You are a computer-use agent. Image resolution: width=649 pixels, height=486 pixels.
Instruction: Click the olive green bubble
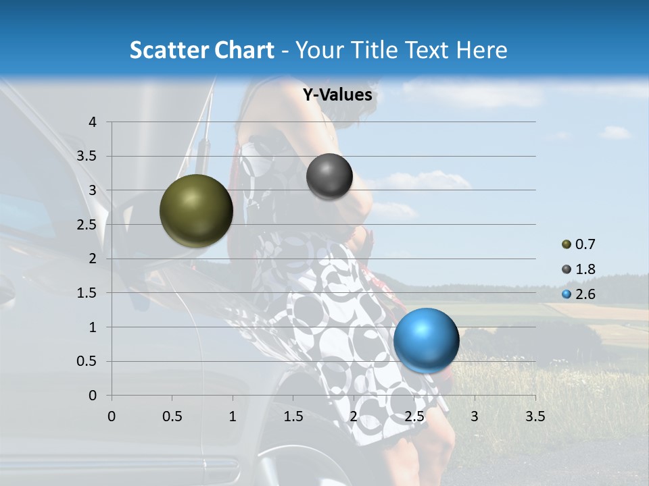(x=196, y=211)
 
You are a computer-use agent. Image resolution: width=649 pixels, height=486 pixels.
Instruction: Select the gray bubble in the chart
(x=329, y=176)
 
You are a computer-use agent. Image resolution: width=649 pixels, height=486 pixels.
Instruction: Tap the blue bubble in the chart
(x=426, y=340)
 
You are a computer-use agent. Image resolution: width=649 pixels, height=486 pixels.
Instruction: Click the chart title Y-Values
(x=337, y=95)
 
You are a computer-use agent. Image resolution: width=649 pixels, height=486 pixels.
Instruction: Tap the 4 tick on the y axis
(x=93, y=122)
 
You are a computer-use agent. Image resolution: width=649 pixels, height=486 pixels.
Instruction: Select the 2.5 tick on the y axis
(x=88, y=225)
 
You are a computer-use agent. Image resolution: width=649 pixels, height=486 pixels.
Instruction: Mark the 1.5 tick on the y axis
(x=88, y=293)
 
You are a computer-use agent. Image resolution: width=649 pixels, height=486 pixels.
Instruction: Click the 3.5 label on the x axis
(x=535, y=416)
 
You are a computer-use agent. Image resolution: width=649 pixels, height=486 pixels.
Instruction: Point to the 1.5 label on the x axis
(x=293, y=416)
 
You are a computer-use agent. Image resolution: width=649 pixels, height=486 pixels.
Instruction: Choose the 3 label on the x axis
(x=475, y=416)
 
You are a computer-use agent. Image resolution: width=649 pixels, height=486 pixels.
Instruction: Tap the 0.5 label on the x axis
(x=172, y=416)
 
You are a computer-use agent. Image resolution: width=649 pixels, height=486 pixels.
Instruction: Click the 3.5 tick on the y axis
(x=88, y=157)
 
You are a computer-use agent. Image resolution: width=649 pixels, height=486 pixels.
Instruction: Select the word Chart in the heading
(x=243, y=50)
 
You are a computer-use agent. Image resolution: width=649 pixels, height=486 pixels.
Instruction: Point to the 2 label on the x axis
(x=354, y=416)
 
